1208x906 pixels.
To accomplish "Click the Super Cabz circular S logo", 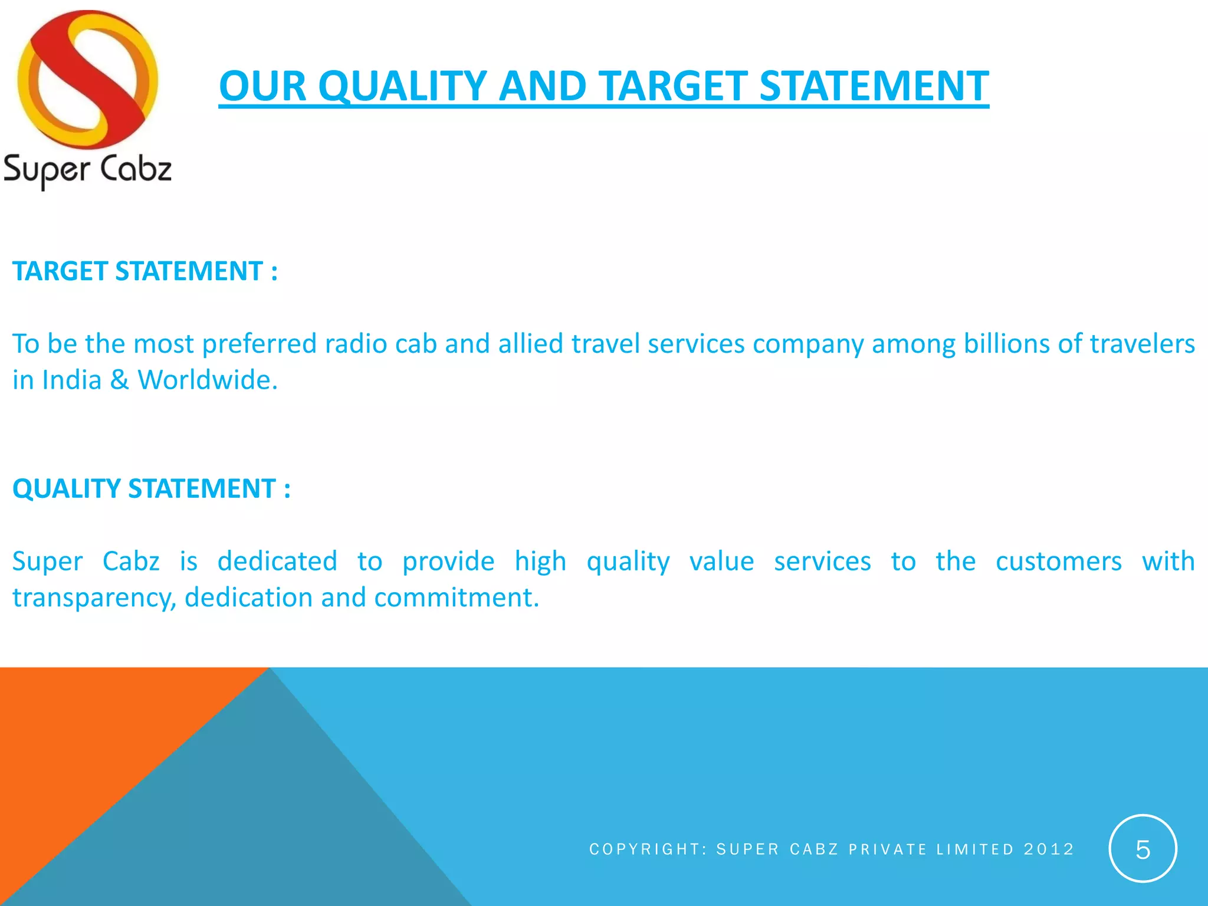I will [x=87, y=80].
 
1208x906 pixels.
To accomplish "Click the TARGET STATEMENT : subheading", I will [x=145, y=271].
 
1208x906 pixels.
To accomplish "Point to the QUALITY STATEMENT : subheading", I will [x=152, y=489].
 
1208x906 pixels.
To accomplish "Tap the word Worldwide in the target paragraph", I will [x=207, y=380].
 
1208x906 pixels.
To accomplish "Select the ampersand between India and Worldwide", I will [x=119, y=380].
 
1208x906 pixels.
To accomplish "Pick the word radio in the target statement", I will [x=356, y=344].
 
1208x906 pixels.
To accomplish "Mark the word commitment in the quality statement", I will [x=457, y=598].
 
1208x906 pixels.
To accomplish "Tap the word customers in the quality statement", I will [x=1059, y=562].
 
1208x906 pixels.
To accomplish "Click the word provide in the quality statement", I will [x=448, y=562].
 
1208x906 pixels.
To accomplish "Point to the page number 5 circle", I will [x=1143, y=849].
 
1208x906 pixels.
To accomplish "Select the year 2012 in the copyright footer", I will [x=1049, y=849].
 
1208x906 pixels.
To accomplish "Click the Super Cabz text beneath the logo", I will [x=87, y=170].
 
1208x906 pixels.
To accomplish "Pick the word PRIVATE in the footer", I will [x=888, y=849].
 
